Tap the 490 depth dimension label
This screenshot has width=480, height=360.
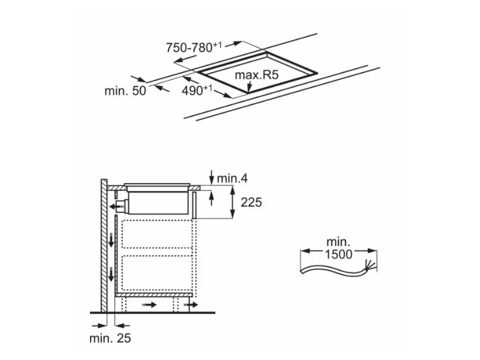click(x=197, y=90)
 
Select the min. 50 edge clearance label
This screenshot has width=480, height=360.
click(x=125, y=91)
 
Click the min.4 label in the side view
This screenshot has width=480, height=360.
click(x=233, y=178)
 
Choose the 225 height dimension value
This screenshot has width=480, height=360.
click(x=251, y=202)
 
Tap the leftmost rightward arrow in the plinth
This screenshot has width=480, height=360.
click(x=150, y=305)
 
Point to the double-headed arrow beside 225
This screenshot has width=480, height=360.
click(x=233, y=203)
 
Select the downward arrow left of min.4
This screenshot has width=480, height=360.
click(x=211, y=177)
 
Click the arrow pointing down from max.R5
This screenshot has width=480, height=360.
click(x=250, y=87)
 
